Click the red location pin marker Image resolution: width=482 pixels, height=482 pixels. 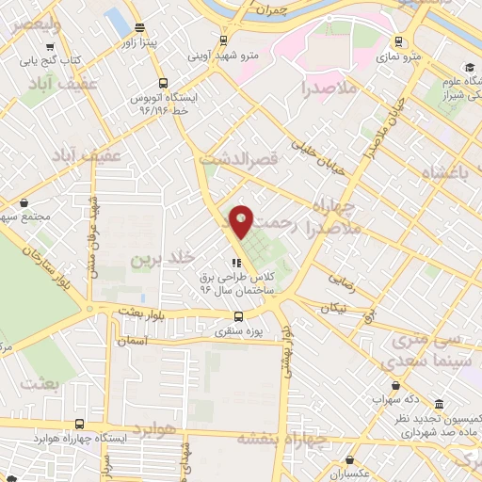pos(241,220)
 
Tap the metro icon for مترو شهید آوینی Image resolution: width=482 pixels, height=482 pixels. pos(223,40)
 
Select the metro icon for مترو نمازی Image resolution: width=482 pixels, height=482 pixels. pos(399,40)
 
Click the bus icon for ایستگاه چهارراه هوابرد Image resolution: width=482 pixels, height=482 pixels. pos(79,424)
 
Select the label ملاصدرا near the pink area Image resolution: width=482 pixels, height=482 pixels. pos(329,88)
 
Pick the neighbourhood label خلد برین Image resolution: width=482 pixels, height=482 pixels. pos(160,257)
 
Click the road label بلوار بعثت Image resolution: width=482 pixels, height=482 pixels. pos(141,316)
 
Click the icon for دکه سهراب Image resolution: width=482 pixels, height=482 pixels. pos(399,385)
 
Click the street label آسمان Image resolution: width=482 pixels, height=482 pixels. pos(135,341)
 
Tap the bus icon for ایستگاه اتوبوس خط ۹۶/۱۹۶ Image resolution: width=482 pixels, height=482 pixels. pos(164,83)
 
